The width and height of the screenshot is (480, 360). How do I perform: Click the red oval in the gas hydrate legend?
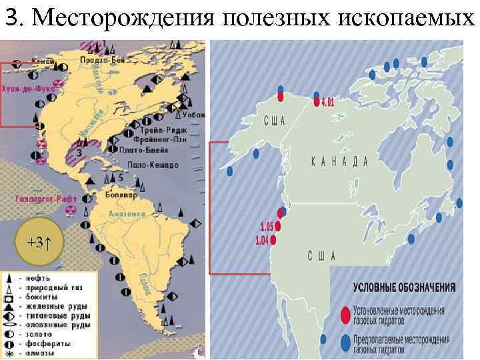tap(345, 313)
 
